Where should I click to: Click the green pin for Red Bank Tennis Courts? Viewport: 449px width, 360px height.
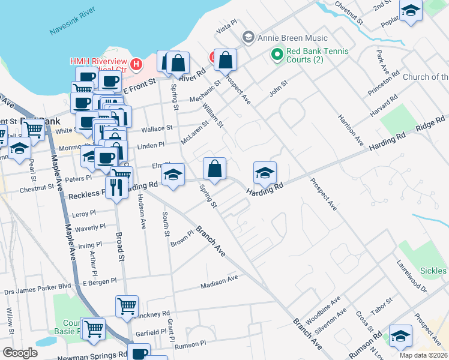point(277,55)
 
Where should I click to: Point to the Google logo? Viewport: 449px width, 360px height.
point(19,353)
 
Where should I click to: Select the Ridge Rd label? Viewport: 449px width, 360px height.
point(431,125)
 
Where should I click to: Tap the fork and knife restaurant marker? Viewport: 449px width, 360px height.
point(116,188)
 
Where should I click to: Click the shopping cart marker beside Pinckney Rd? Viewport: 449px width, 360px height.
point(127,307)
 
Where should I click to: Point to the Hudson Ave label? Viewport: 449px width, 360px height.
point(142,212)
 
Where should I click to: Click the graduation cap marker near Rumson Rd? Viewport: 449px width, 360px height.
point(400,336)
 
